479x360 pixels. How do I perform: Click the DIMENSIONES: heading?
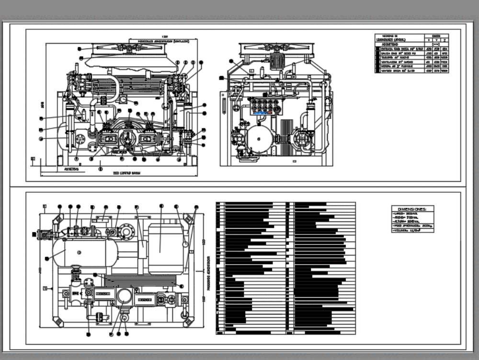pos(412,209)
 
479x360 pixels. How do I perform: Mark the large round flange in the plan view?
pos(126,231)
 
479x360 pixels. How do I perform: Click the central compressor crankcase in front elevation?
pos(129,139)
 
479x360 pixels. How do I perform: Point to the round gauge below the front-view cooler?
pos(123,99)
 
